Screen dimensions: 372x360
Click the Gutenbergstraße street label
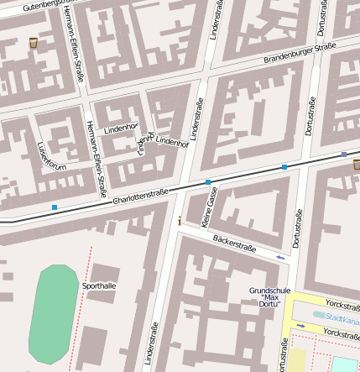click(41, 5)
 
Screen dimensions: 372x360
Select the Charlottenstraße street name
click(140, 194)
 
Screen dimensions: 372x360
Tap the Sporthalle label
click(100, 286)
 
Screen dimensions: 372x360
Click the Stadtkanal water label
click(342, 317)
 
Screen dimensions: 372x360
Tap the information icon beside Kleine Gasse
click(179, 221)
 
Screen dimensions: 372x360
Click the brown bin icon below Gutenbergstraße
click(33, 42)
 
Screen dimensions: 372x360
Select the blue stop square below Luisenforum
click(55, 207)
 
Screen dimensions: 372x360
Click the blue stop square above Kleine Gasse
click(208, 181)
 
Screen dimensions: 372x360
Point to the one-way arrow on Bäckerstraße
click(279, 257)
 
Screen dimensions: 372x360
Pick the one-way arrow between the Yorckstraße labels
click(300, 325)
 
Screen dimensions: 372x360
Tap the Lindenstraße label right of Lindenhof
click(196, 118)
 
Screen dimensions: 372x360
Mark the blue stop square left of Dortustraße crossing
click(284, 167)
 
